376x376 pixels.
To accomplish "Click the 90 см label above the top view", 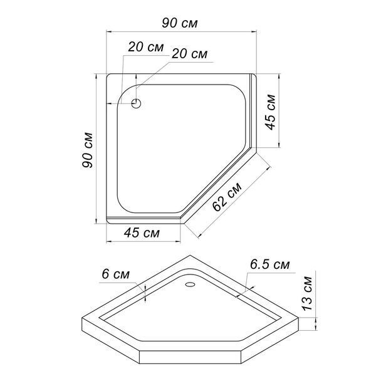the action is (x=180, y=23).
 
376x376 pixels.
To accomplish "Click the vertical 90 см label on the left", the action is (x=87, y=150).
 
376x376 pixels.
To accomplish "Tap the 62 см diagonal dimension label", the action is (x=227, y=197).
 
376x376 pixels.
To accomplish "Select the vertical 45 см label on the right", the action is (x=271, y=112).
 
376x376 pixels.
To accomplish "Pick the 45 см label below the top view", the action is (x=142, y=232).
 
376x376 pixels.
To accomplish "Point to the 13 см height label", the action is (x=306, y=294).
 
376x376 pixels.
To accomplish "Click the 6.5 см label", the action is (x=269, y=264).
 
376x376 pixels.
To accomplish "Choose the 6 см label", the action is (x=115, y=274).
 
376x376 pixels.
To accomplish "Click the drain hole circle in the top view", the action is (x=136, y=103).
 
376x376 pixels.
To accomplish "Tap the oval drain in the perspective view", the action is (x=191, y=285).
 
